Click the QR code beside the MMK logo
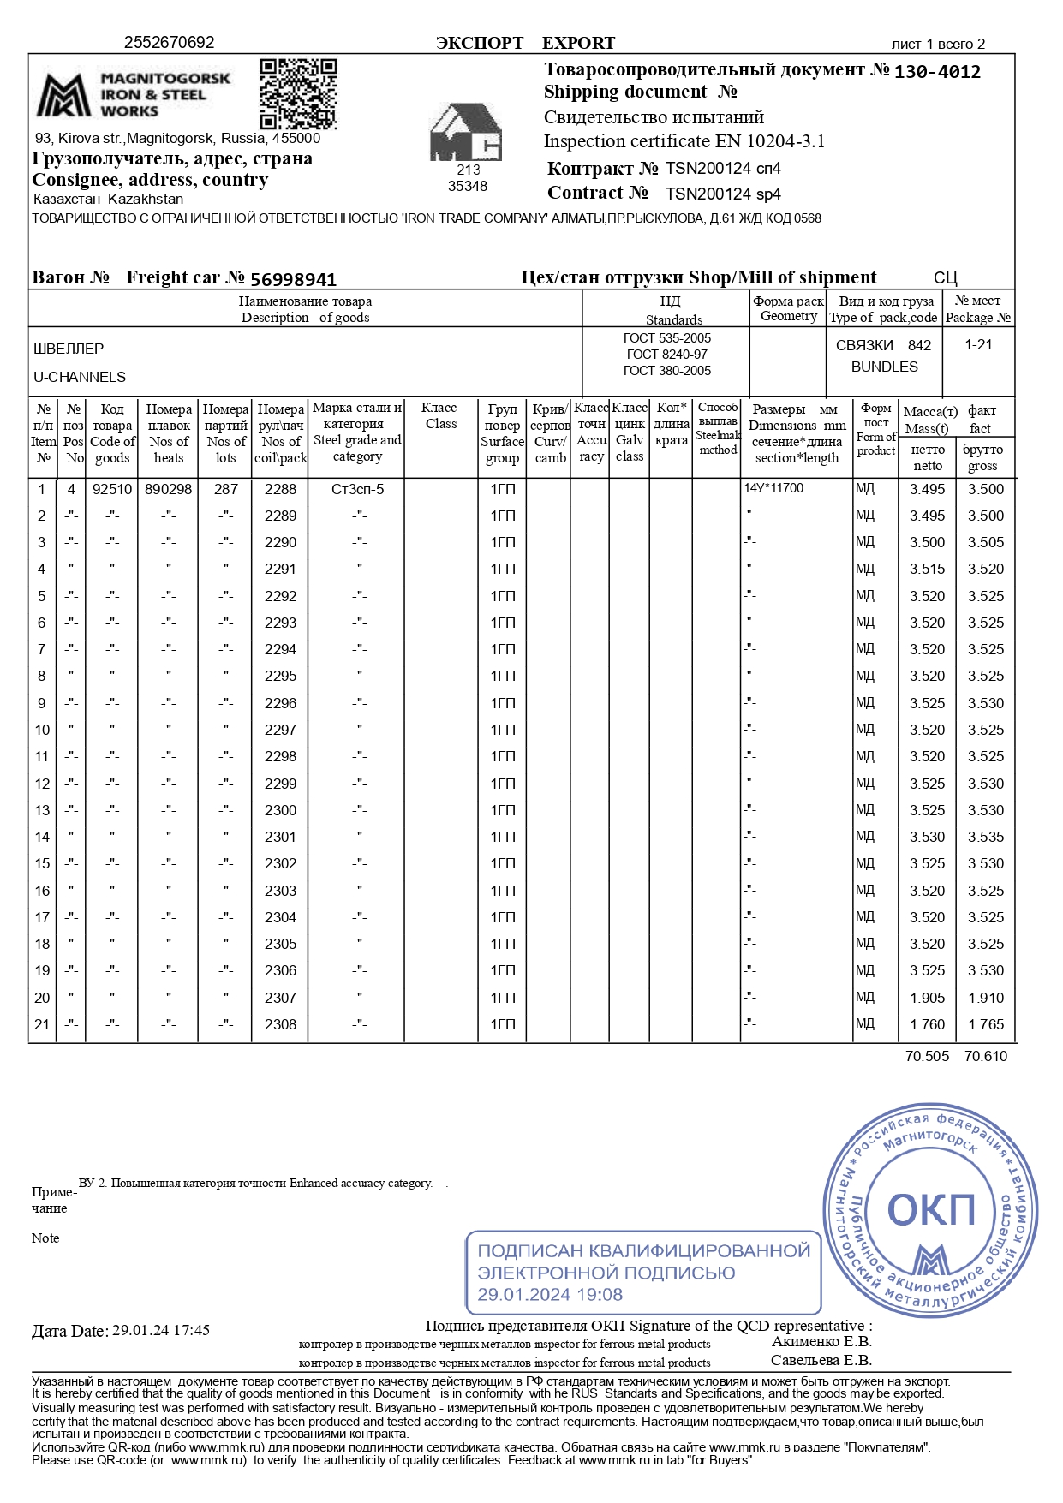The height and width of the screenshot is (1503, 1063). pos(298,93)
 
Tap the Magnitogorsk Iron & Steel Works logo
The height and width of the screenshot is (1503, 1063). pos(134,94)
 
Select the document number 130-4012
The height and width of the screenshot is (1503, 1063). pos(937,72)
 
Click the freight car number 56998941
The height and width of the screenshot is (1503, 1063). pos(293,279)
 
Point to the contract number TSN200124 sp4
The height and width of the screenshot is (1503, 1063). pos(723,194)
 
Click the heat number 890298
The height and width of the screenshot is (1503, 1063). pos(169,489)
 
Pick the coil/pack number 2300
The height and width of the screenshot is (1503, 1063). pos(280,810)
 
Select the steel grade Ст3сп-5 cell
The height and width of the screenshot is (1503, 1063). pos(357,489)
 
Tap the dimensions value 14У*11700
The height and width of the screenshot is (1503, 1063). pos(774,488)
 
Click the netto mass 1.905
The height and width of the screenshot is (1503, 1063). pos(928,998)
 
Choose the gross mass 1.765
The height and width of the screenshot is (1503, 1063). pos(986,1024)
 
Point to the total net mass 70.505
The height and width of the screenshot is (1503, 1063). pos(927,1056)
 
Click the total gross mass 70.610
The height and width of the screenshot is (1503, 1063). pos(986,1056)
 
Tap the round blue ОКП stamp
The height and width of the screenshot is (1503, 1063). pos(930,1208)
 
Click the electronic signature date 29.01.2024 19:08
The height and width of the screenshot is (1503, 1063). pos(550,1295)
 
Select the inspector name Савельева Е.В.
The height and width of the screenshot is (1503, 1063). pos(821,1360)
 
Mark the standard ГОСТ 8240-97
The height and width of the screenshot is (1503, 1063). pos(666,355)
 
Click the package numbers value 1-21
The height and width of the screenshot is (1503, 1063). pos(978,344)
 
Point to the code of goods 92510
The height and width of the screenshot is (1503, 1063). pos(112,489)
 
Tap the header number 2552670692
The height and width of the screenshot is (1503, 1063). pos(170,43)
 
